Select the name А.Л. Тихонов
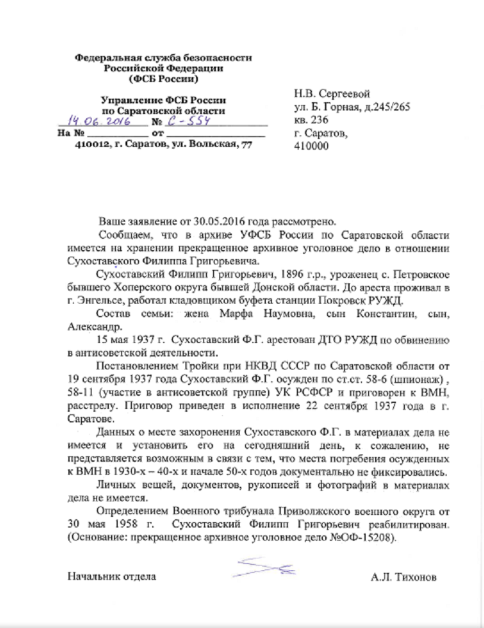click(403, 576)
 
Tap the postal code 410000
click(311, 146)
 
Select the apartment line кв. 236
click(312, 120)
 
